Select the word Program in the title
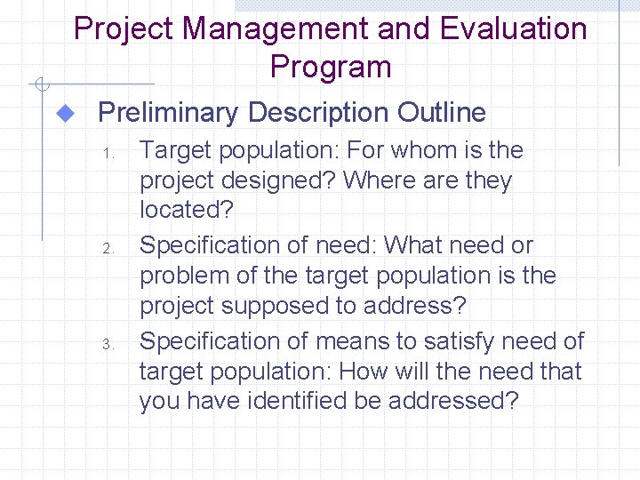[331, 68]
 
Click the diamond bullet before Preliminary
[63, 113]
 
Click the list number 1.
[106, 153]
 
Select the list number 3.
[106, 344]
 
